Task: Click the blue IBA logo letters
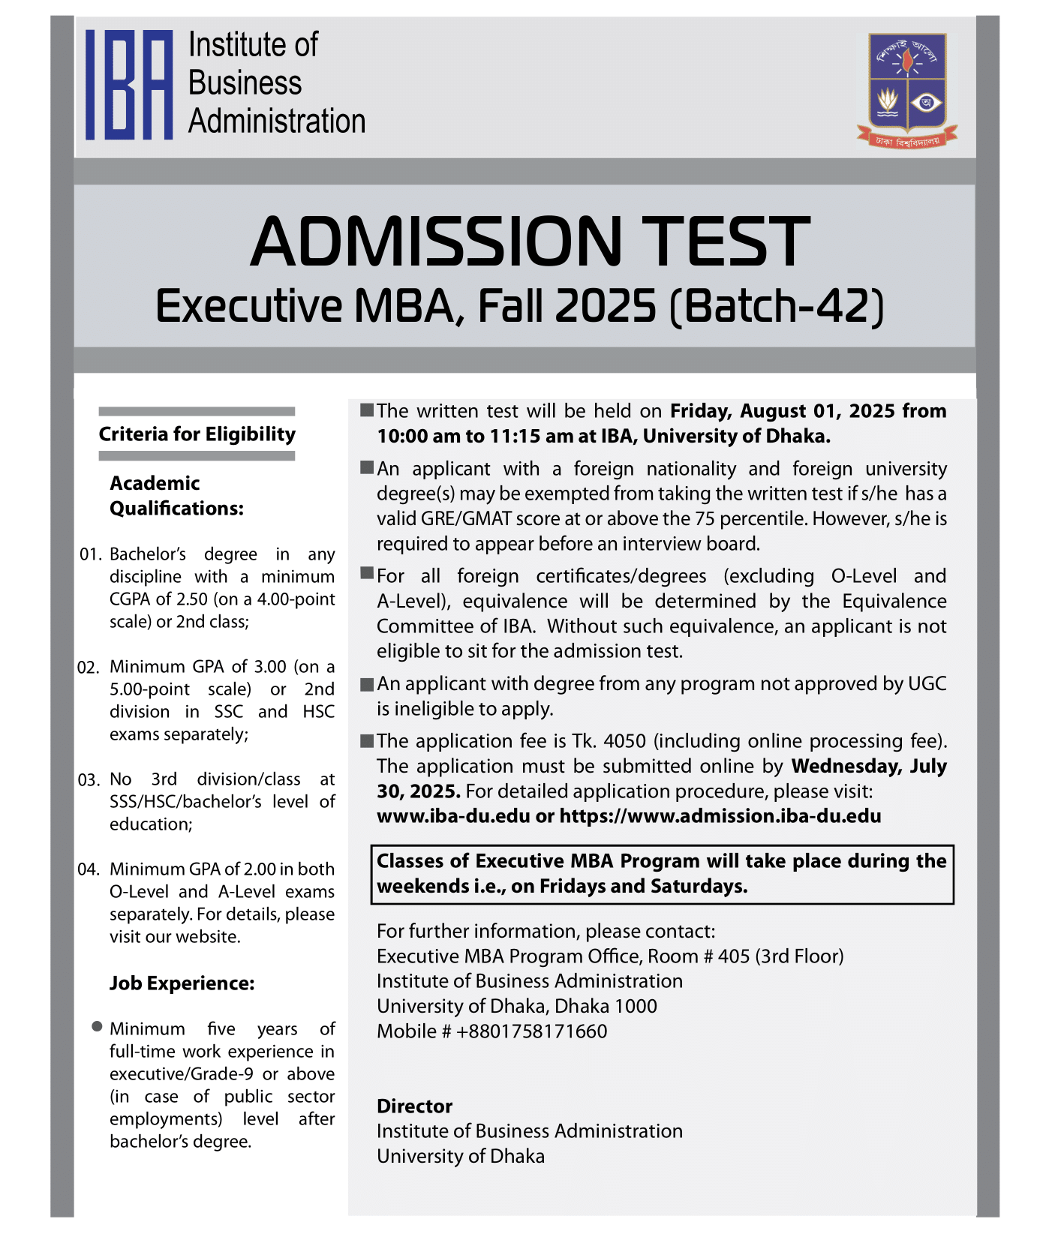[x=129, y=85]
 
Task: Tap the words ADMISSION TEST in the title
[x=530, y=242]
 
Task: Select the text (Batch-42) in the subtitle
[x=777, y=306]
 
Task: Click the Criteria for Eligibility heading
[x=197, y=434]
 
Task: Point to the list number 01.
[x=90, y=555]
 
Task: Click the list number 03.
[x=89, y=780]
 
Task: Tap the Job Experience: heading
[x=182, y=983]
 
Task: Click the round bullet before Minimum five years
[x=97, y=1026]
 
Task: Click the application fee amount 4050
[x=624, y=741]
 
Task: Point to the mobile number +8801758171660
[x=531, y=1031]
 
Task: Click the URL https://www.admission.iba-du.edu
[x=720, y=816]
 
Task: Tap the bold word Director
[x=414, y=1106]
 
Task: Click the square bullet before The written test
[x=367, y=410]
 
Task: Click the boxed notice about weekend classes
[x=662, y=874]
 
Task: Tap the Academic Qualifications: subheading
[x=176, y=496]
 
